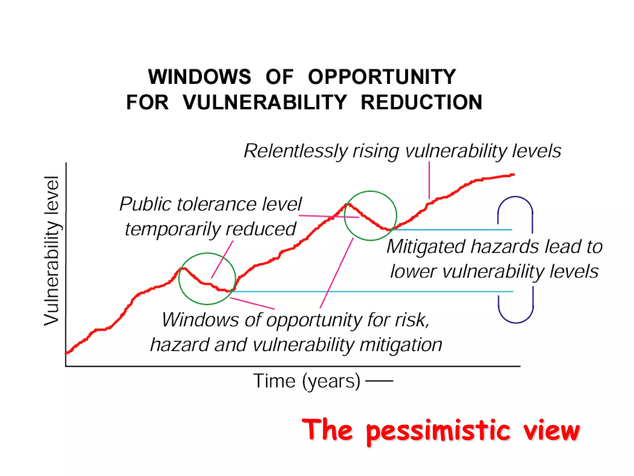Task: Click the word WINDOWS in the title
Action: [200, 77]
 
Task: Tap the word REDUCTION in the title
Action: [421, 103]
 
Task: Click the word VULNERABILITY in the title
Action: [265, 103]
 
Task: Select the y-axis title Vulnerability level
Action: [51, 251]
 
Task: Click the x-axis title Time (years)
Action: [306, 381]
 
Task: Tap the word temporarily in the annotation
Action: [173, 230]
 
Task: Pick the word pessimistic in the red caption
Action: [438, 431]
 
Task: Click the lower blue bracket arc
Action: [516, 322]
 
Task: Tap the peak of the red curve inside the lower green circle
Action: [184, 268]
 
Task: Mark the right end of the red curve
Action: [514, 175]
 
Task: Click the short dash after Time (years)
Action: [379, 381]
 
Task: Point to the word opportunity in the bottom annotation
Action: [314, 320]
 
